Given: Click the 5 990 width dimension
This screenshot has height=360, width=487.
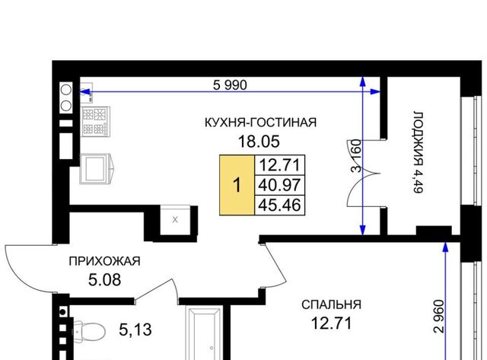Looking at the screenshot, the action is point(230,84).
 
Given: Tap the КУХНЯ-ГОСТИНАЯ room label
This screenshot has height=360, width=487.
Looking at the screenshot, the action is point(260,123).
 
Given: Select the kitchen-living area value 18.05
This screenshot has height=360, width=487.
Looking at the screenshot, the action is point(259,142).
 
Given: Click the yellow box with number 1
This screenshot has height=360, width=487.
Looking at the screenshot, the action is point(237,185).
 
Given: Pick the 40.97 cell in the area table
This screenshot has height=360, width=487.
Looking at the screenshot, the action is point(279,185).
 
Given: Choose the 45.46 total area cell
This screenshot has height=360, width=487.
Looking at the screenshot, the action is point(279,205).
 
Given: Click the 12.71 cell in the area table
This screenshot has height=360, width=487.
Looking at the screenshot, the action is point(279,165).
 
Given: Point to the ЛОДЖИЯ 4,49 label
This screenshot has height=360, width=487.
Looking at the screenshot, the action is point(419,152).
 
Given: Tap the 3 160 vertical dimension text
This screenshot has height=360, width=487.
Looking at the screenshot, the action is point(357,156).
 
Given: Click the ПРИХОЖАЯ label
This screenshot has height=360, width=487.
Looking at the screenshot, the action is point(105,261).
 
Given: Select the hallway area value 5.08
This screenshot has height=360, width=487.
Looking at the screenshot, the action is point(105,280).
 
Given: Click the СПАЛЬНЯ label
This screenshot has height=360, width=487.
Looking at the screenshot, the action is point(332,304).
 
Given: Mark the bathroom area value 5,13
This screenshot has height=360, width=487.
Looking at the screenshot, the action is point(135,330).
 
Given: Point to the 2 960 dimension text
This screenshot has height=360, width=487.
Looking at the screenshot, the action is point(440,316).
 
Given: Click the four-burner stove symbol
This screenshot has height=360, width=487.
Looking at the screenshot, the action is point(96,122).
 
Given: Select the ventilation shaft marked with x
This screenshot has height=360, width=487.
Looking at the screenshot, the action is point(175,220).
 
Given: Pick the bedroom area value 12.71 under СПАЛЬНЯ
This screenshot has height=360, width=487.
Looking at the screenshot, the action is point(332,323).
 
